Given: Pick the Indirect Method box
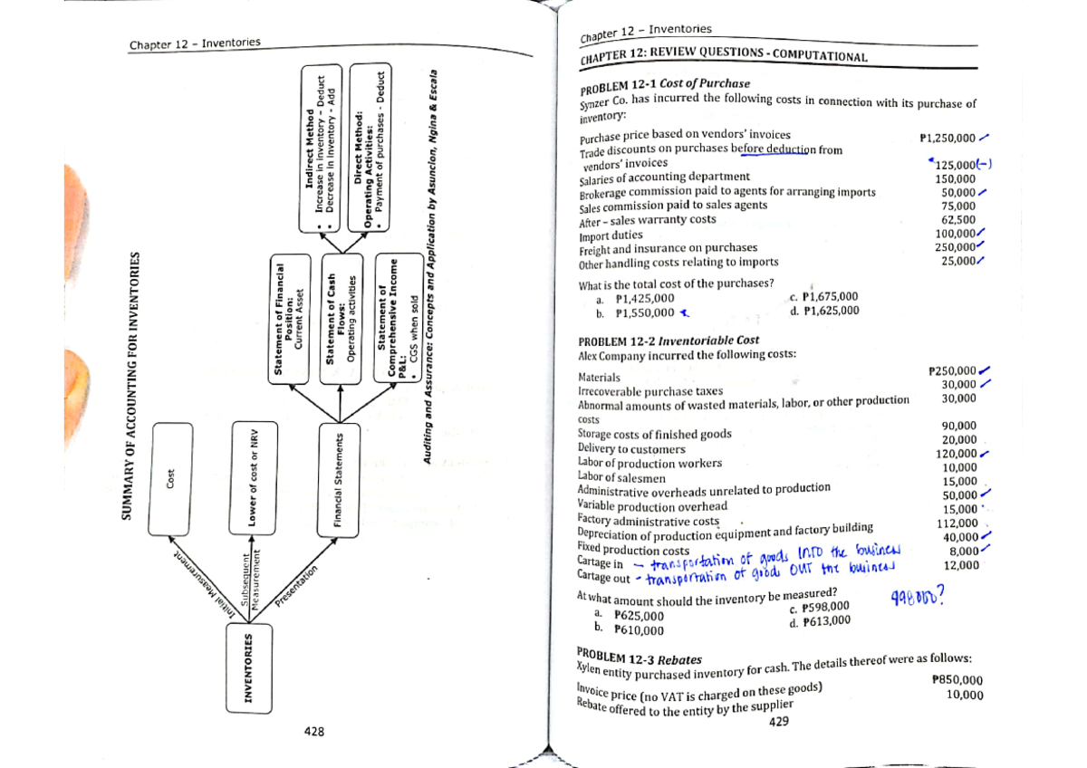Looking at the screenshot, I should (319, 157).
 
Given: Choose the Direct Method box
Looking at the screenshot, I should (370, 157).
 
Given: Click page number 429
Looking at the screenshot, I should (777, 723).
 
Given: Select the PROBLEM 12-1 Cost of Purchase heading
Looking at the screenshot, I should (651, 84).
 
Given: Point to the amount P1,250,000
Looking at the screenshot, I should (947, 139).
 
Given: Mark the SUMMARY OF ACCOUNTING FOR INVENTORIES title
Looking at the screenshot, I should (129, 385).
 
